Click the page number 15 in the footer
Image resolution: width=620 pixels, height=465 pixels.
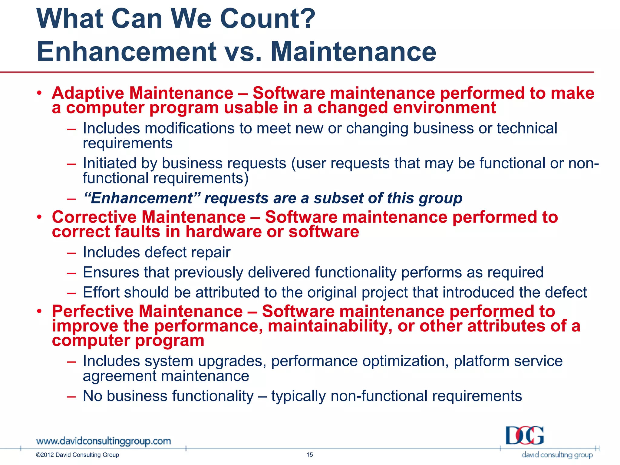tap(309, 455)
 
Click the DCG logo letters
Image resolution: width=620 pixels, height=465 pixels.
tap(525, 436)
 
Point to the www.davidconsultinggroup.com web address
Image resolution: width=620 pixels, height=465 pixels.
tap(103, 441)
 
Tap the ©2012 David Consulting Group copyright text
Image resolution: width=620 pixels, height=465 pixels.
tap(77, 455)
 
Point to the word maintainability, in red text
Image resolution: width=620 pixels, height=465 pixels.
tap(330, 326)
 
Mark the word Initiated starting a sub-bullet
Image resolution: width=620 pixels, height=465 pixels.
tap(110, 163)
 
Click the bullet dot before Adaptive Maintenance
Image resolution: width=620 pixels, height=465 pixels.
tap(39, 93)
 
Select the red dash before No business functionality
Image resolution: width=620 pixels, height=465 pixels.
tap(71, 396)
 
